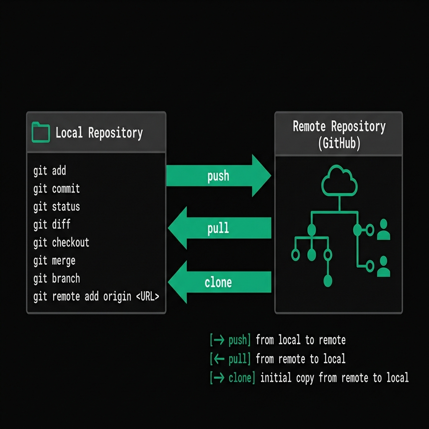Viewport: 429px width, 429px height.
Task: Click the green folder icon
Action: coord(41,132)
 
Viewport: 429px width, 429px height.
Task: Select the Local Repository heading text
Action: coord(99,133)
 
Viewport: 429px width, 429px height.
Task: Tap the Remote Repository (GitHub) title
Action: coord(339,135)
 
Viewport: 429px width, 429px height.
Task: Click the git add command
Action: coord(49,171)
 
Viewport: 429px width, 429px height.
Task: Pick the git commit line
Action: coord(57,189)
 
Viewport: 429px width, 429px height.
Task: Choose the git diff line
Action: coord(52,225)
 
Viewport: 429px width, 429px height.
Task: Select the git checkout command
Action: coord(61,243)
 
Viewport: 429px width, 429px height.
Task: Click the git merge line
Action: coord(54,261)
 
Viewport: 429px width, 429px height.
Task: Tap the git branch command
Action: coord(57,279)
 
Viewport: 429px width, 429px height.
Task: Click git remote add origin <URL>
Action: coord(96,297)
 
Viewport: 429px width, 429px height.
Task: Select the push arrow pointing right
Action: coord(219,176)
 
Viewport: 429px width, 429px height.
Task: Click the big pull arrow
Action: coord(220,228)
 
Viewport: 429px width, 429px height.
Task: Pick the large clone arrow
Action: coord(220,282)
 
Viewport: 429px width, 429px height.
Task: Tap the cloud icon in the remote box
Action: coord(339,181)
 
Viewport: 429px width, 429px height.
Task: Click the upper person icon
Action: coord(384,229)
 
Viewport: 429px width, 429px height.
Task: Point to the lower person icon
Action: coord(384,266)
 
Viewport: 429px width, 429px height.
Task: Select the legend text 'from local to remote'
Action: coord(300,340)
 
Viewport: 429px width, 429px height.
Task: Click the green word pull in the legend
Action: coord(238,359)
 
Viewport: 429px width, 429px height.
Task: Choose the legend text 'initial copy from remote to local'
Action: coord(334,378)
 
